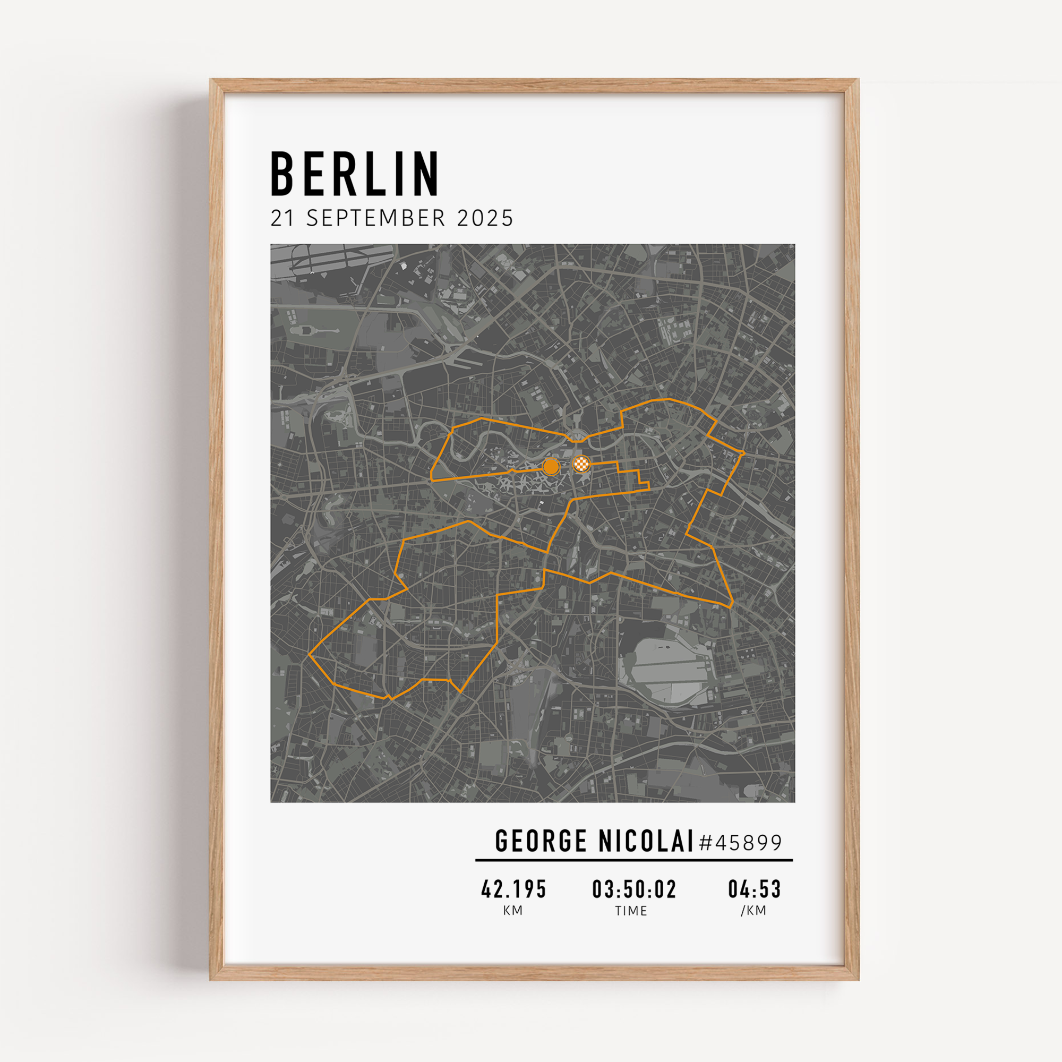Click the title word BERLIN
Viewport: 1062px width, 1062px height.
[x=355, y=174]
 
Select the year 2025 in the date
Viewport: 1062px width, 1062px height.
[x=485, y=219]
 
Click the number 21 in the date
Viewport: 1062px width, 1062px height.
[x=282, y=219]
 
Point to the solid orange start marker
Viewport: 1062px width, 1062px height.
[x=551, y=467]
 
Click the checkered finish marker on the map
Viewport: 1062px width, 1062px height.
[x=581, y=464]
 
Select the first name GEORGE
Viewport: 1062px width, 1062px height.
[x=541, y=842]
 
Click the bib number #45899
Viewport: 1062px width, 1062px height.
[x=740, y=843]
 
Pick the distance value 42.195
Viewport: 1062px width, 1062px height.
[x=513, y=889]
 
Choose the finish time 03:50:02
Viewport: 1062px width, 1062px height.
[x=634, y=889]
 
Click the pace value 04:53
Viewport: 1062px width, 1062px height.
[x=754, y=889]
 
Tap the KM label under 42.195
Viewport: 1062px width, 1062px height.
[x=513, y=911]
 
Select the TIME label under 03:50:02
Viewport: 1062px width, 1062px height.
[x=631, y=911]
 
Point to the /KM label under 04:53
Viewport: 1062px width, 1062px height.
[x=753, y=911]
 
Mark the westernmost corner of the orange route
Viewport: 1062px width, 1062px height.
[x=310, y=655]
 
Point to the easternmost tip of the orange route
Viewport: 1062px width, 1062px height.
[x=744, y=453]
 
